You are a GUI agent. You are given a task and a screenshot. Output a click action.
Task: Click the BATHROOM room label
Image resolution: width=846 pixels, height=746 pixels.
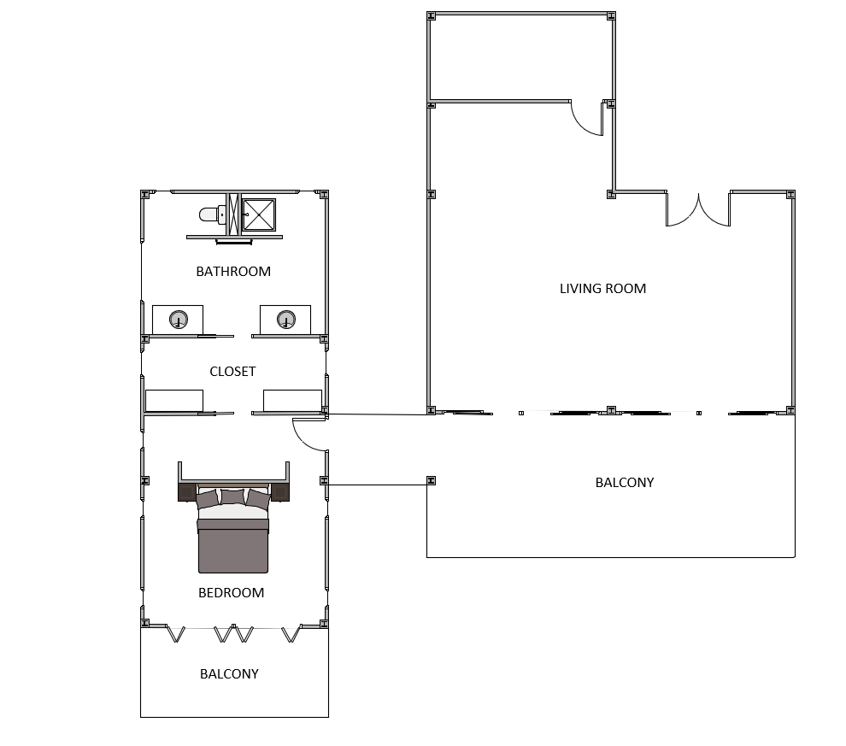click(233, 272)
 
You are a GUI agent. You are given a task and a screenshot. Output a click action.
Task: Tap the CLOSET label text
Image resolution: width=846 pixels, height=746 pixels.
click(232, 372)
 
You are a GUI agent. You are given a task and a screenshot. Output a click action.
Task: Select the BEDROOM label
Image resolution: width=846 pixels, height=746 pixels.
click(231, 593)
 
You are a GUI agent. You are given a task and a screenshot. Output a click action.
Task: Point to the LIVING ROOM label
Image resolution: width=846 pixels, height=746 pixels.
click(602, 289)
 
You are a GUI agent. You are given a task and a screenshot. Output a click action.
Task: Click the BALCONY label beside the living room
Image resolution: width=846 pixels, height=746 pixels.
click(625, 482)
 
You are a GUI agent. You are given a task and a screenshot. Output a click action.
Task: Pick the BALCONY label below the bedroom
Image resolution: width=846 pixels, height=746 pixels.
click(229, 673)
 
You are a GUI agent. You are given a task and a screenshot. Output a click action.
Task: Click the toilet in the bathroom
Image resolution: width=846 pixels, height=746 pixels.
click(213, 214)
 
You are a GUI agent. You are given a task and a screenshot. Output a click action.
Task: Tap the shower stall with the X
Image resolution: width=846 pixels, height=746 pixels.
click(259, 214)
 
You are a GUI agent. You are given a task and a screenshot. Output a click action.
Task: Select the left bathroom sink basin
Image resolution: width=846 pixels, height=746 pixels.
click(179, 320)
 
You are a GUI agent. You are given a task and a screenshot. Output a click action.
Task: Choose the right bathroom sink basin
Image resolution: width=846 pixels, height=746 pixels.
click(286, 320)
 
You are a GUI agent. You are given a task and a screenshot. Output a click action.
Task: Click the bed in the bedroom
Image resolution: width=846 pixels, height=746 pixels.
click(233, 529)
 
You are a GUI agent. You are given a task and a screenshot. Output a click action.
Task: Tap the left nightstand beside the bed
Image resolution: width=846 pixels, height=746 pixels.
click(186, 492)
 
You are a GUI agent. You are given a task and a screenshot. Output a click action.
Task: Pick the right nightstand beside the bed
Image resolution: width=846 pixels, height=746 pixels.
click(280, 492)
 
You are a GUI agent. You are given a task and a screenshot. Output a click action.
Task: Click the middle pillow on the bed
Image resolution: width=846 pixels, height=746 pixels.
click(232, 496)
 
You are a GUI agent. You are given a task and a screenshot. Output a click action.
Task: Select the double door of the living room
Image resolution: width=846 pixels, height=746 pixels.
click(698, 209)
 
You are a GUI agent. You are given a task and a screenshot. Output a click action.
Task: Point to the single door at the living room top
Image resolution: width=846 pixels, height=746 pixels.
click(587, 118)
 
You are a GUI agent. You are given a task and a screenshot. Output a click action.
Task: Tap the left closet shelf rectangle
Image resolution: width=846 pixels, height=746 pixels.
click(174, 401)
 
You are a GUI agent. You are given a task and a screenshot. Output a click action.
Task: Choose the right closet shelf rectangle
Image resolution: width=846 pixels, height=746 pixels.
click(292, 401)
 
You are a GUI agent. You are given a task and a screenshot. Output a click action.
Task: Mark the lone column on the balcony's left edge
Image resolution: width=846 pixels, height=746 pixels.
click(431, 480)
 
